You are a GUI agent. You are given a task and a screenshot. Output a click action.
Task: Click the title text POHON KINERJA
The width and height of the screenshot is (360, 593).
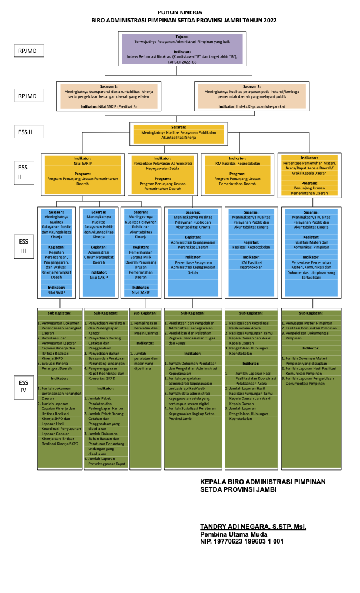pos(179,12)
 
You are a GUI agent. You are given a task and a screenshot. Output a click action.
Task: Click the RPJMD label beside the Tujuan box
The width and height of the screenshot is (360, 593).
pos(27,51)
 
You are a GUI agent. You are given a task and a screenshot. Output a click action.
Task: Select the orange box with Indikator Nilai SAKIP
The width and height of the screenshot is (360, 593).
pos(82,174)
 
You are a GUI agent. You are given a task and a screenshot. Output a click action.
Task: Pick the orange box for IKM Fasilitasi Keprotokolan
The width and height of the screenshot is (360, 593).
pos(239,174)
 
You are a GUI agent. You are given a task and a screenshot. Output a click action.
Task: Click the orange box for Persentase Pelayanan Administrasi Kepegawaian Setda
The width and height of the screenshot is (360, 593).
pos(162,174)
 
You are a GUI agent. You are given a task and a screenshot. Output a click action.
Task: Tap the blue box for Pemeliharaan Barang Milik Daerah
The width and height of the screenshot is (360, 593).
pos(139,251)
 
